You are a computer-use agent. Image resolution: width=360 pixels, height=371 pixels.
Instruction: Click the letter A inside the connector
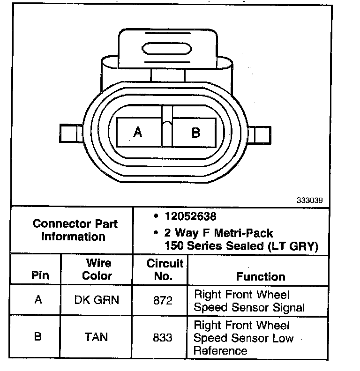click(138, 133)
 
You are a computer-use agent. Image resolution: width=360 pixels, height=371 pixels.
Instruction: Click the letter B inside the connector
click(195, 133)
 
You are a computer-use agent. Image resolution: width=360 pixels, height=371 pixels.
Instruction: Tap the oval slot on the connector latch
click(166, 49)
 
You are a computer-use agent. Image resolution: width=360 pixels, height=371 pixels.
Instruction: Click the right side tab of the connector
click(263, 134)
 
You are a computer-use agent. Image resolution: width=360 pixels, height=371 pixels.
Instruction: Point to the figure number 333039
click(309, 200)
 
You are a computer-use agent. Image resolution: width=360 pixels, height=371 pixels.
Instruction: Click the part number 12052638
click(191, 217)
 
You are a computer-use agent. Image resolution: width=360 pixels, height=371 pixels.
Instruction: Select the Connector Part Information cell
click(75, 230)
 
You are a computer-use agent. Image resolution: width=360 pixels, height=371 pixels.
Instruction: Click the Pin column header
click(40, 275)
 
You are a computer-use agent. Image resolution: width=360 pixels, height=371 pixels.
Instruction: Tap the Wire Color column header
click(97, 269)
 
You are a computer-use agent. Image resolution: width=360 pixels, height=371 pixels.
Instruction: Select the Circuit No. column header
click(162, 269)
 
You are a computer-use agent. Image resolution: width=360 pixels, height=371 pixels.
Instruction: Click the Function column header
click(261, 276)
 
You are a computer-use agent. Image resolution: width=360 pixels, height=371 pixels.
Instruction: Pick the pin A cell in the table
click(38, 300)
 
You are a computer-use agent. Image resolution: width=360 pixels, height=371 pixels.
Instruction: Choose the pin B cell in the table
click(38, 337)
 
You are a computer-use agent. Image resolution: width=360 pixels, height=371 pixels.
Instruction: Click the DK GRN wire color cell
click(97, 300)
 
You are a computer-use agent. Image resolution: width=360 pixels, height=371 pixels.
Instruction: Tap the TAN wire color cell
click(97, 337)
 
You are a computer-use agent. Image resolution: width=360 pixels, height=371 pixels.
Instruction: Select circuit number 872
click(163, 300)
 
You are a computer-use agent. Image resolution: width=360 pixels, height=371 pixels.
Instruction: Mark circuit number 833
click(163, 337)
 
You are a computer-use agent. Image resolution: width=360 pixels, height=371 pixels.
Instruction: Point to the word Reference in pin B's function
click(220, 350)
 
